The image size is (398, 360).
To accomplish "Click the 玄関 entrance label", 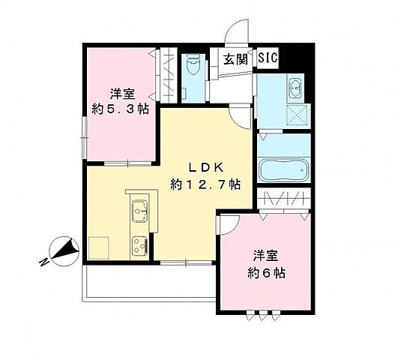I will tap(235, 58).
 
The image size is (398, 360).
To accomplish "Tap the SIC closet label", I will tap(269, 57).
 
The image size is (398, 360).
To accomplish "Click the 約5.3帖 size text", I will tap(119, 109).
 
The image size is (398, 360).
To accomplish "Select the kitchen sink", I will tap(139, 211).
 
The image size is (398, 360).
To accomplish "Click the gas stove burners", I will tap(140, 244).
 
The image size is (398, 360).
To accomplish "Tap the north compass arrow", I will tap(63, 249).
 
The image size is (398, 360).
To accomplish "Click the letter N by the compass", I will tap(44, 262).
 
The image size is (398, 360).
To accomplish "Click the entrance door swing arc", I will tap(238, 34).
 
